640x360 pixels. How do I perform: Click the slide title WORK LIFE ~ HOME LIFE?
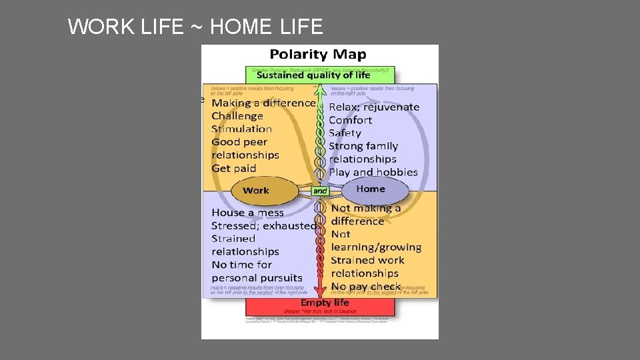[x=195, y=27]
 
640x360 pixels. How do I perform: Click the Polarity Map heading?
[x=318, y=55]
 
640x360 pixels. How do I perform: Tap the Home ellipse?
[x=371, y=189]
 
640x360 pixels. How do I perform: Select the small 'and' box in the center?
[x=320, y=191]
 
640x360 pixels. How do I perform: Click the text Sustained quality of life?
[x=313, y=75]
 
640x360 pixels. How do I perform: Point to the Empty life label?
[x=325, y=303]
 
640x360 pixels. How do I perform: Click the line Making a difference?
[x=263, y=103]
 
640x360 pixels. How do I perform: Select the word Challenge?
[x=237, y=116]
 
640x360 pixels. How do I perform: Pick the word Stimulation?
[x=242, y=129]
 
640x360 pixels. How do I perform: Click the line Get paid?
[x=234, y=168]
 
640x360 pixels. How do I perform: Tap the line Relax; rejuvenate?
[x=374, y=107]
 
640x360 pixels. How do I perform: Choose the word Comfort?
[x=351, y=120]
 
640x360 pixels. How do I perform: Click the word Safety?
[x=345, y=133]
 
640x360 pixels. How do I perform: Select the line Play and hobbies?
[x=373, y=172]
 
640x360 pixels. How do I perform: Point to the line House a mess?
[x=247, y=213]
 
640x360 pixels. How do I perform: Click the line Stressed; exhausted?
[x=264, y=225]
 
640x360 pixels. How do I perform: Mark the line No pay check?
[x=366, y=287]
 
